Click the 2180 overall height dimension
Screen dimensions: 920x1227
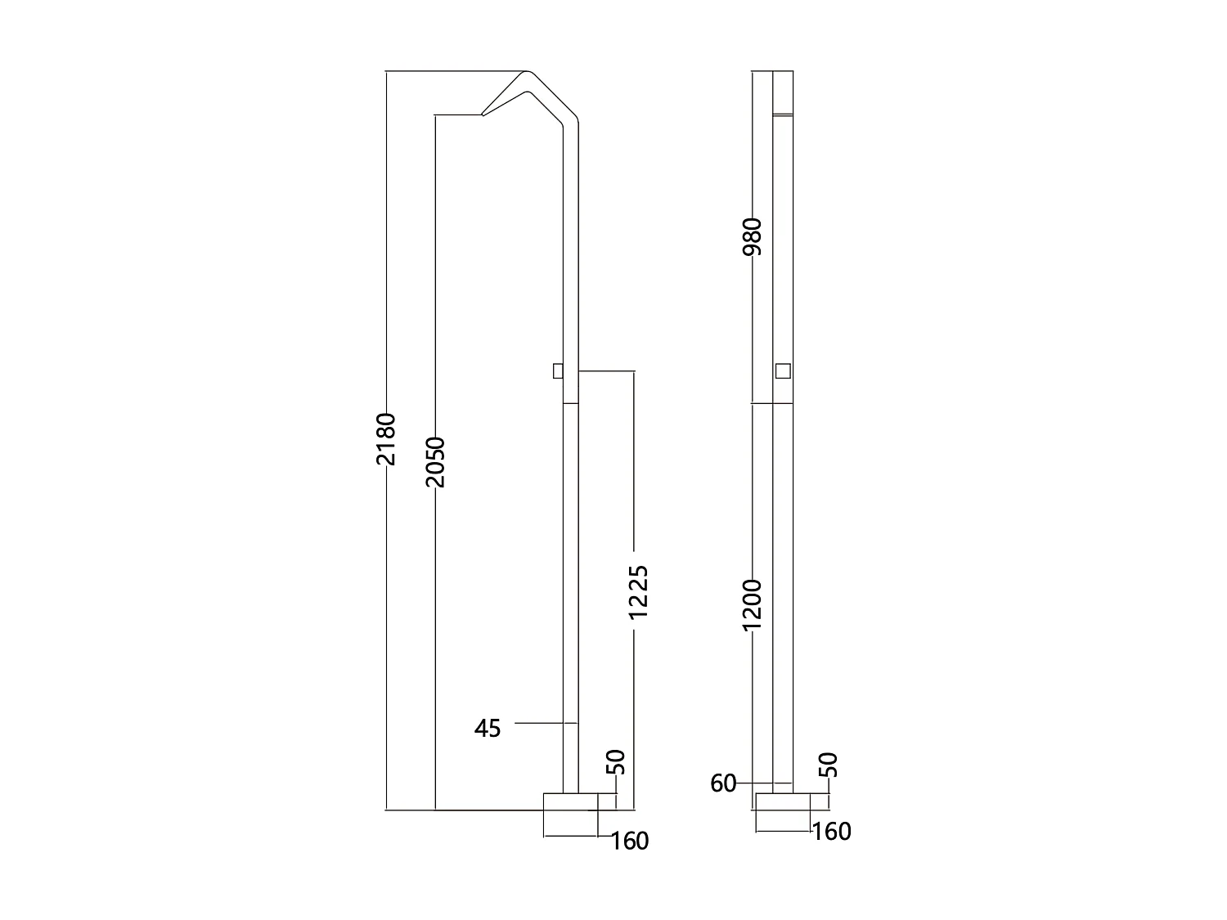point(386,439)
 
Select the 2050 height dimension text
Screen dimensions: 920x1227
point(435,462)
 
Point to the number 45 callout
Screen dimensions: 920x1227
point(488,728)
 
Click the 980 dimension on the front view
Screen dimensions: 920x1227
point(753,236)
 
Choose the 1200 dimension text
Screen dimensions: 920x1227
point(753,604)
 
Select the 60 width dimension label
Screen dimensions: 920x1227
point(723,783)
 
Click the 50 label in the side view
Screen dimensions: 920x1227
point(617,762)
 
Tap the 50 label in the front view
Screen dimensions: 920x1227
point(829,765)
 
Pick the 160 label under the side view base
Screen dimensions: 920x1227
point(629,841)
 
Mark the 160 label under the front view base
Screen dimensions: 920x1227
point(832,832)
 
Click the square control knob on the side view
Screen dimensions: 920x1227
point(558,371)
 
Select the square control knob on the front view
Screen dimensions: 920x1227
point(783,371)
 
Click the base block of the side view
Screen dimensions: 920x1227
point(571,814)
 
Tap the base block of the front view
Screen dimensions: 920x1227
point(782,812)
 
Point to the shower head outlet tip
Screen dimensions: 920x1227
point(483,114)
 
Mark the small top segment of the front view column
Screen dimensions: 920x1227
point(783,92)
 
